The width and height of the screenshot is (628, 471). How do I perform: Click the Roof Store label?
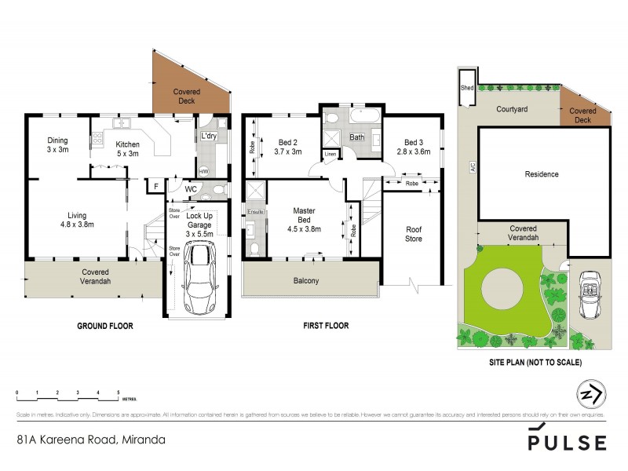[413, 234]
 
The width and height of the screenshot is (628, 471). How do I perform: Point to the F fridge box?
[157, 186]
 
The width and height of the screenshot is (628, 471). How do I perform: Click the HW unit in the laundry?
[203, 171]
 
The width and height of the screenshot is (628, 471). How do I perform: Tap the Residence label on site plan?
[541, 174]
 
